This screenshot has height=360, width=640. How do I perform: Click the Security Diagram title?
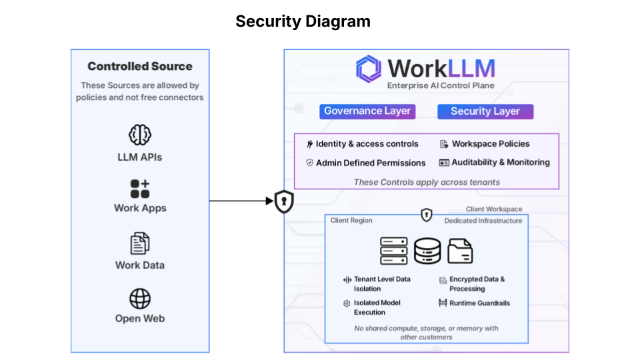point(303,21)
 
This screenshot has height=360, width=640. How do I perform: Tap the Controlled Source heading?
point(140,67)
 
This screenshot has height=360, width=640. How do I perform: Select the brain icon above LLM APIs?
point(140,135)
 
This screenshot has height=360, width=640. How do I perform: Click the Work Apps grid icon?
point(140,189)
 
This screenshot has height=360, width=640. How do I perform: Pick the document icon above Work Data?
point(140,243)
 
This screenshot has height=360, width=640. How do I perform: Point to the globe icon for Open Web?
point(140,299)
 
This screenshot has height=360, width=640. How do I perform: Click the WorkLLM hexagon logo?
point(368,69)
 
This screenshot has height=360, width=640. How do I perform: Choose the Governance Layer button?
point(367,111)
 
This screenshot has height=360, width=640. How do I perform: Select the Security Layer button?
point(485,111)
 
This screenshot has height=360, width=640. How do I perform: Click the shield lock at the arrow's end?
point(284,201)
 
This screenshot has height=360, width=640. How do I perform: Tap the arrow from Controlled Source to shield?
point(240,201)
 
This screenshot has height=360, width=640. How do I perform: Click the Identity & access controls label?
point(367,144)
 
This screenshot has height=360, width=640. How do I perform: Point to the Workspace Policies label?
point(490,144)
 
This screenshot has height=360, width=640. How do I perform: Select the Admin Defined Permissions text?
point(370,163)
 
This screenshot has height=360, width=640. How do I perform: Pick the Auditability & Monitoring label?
point(500,162)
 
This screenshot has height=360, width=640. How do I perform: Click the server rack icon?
point(393,251)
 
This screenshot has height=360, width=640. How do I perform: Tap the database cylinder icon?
point(427,251)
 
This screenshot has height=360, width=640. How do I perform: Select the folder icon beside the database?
point(460,251)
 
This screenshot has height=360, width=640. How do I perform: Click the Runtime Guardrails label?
point(479,303)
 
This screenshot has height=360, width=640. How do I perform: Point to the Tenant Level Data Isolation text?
point(381,284)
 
